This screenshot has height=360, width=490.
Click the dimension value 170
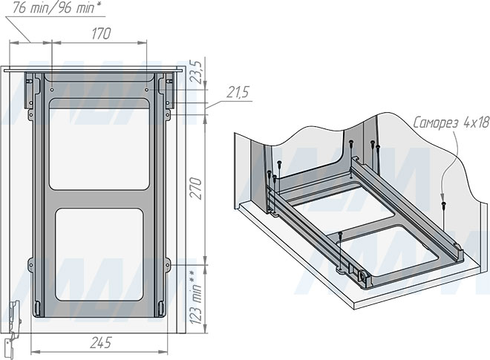click(101, 33)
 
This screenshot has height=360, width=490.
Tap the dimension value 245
click(101, 343)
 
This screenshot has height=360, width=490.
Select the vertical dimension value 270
click(196, 189)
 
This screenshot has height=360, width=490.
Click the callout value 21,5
click(238, 93)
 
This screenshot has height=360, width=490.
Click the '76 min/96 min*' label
click(57, 8)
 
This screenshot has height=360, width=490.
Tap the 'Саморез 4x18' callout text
click(451, 122)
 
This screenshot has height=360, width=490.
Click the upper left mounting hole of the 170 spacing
click(52, 90)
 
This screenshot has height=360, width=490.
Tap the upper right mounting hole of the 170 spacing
click(146, 90)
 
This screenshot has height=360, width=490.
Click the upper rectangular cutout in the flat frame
click(99, 144)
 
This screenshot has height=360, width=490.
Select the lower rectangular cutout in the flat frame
click(99, 255)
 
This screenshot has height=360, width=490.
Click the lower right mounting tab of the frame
click(168, 265)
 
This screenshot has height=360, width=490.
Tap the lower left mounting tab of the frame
click(31, 265)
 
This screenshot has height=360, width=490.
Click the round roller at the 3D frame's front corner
click(364, 276)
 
